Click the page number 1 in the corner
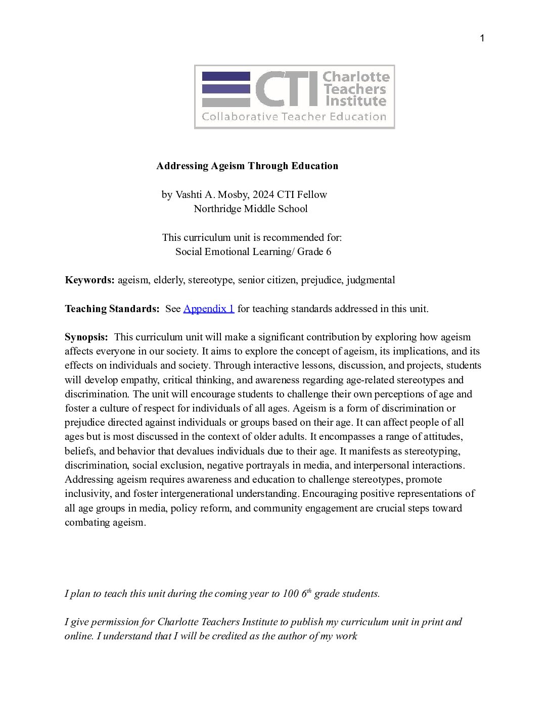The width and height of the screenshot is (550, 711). click(x=482, y=39)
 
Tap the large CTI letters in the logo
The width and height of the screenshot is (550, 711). click(x=285, y=89)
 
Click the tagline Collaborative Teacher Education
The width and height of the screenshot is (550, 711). click(x=294, y=117)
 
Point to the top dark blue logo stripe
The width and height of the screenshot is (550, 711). click(x=226, y=76)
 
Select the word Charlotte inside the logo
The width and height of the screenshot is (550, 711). click(x=356, y=77)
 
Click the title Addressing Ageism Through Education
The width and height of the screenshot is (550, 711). click(x=247, y=166)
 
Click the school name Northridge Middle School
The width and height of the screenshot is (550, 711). click(x=251, y=209)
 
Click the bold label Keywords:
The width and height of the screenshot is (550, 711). click(x=89, y=280)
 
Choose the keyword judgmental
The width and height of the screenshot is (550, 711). click(x=371, y=280)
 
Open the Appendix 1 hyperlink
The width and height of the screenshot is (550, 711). click(x=208, y=309)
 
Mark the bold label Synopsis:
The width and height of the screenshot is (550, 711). click(x=86, y=337)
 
